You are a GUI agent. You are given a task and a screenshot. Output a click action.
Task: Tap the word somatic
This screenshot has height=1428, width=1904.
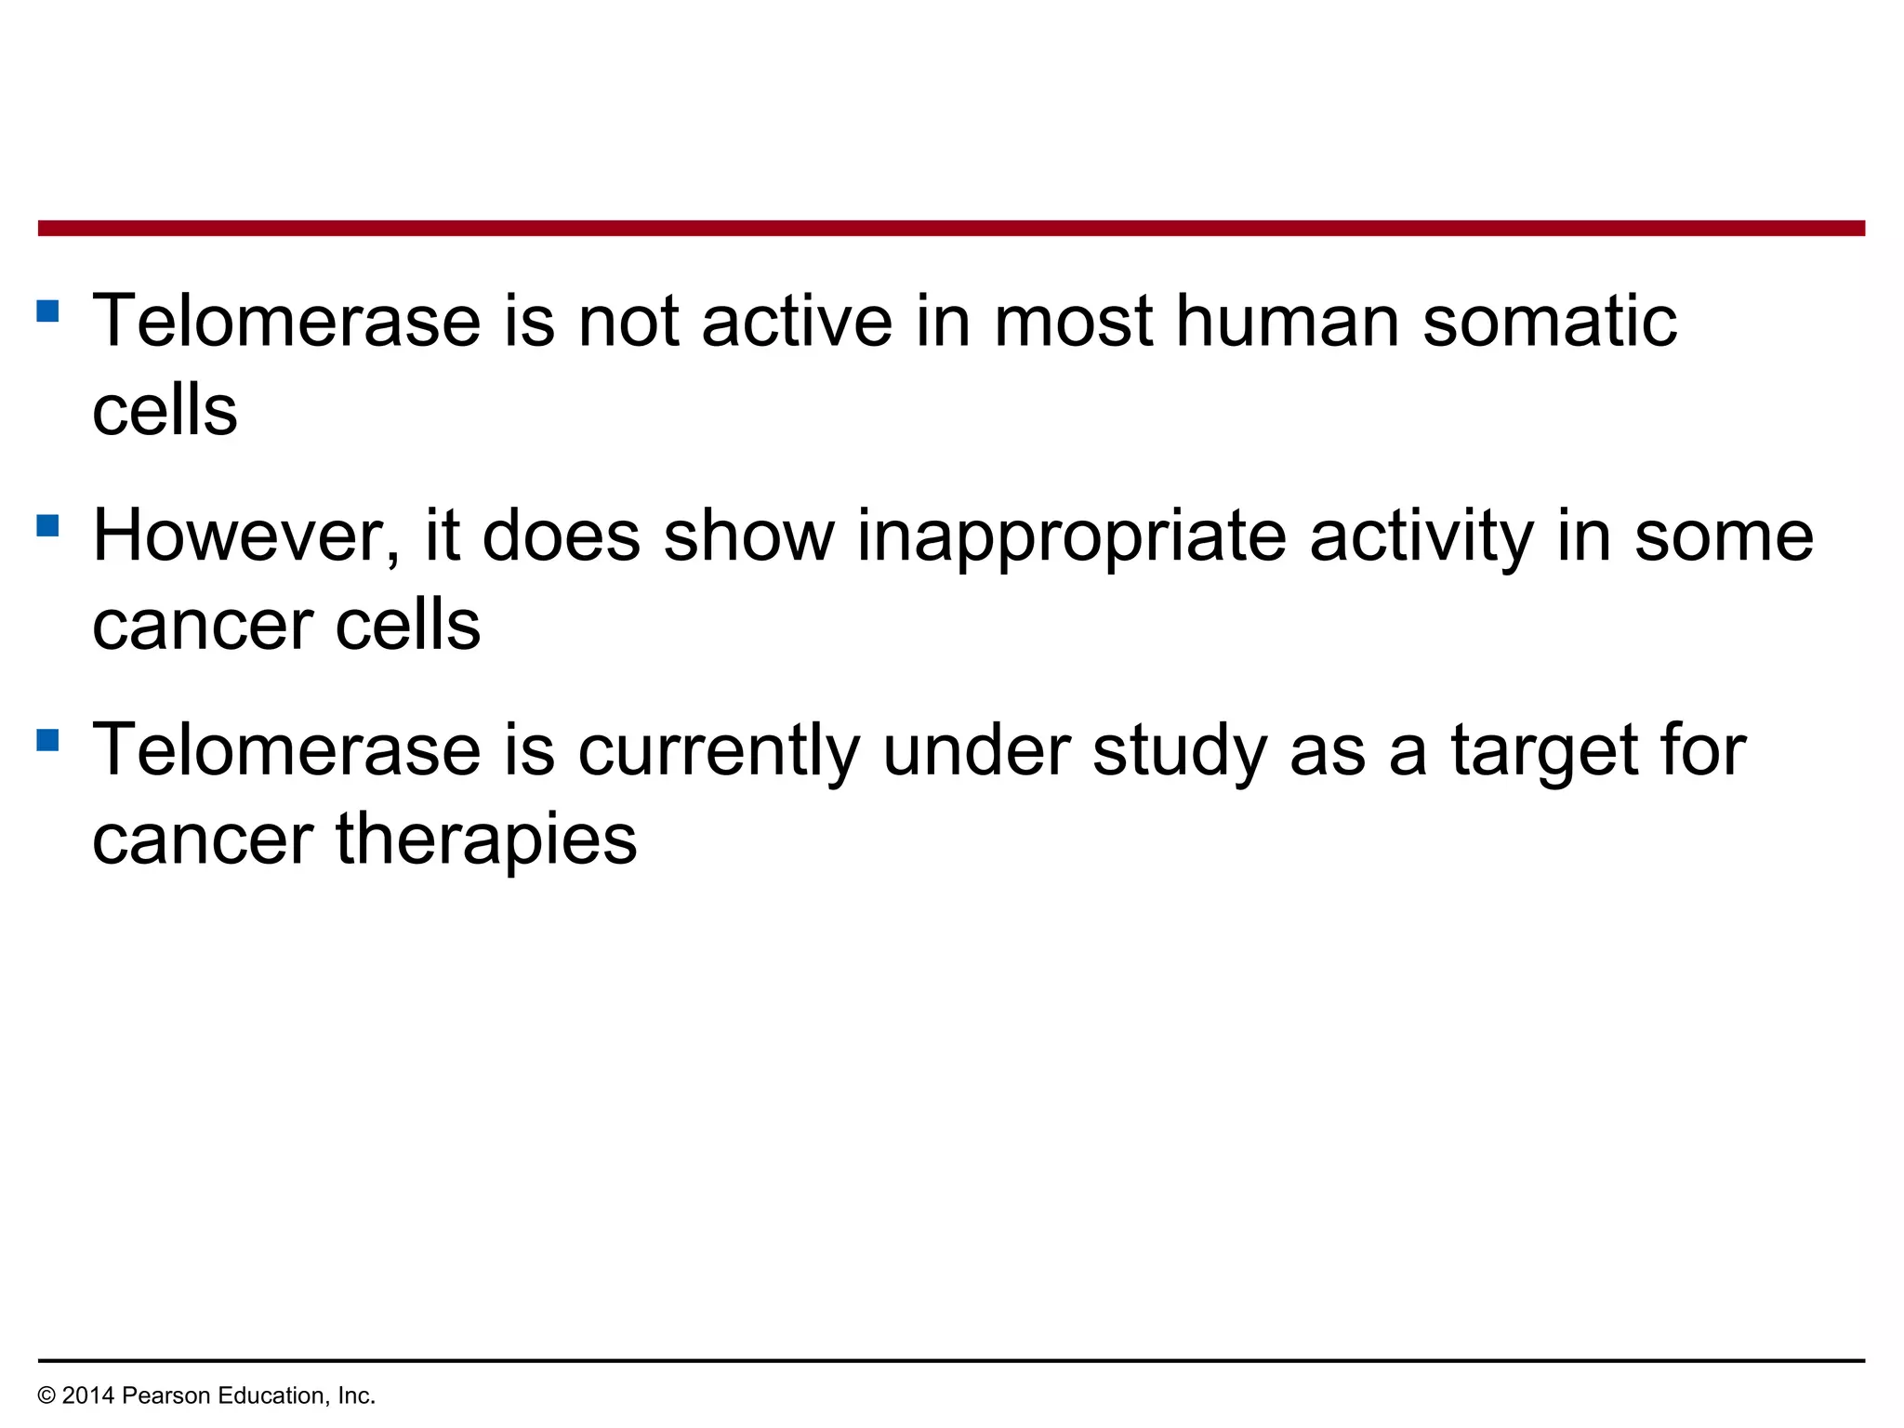tap(1550, 322)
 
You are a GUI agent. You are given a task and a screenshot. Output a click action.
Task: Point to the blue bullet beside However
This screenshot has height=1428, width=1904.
tap(47, 526)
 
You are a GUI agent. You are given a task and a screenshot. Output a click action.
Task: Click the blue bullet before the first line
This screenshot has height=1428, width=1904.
tap(47, 311)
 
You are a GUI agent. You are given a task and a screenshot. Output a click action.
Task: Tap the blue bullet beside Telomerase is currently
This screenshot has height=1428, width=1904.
tap(47, 740)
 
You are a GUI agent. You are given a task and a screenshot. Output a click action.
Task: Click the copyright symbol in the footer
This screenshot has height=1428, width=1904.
tap(46, 1396)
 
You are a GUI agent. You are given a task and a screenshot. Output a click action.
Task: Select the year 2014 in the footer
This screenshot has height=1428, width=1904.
tap(88, 1396)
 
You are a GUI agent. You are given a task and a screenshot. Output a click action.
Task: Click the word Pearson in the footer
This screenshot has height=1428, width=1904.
tap(163, 1396)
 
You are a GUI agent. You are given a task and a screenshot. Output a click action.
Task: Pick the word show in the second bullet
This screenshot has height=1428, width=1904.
tap(749, 536)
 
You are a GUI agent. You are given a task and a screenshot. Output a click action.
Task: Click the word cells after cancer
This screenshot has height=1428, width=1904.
tap(408, 626)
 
